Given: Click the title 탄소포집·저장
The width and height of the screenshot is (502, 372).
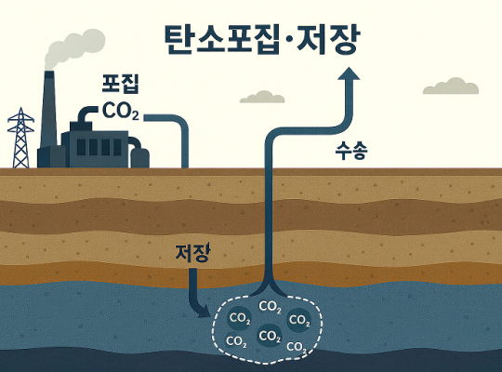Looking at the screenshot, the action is (262, 39).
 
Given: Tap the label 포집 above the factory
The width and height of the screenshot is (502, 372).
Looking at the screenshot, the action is (120, 84).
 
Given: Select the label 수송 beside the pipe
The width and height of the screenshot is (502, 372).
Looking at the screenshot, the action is (351, 151).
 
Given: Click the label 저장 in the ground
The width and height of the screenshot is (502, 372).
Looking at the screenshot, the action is (192, 253).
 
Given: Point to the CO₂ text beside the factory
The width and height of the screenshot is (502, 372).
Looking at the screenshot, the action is (121, 111).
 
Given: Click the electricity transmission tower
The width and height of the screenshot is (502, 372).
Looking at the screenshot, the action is (20, 138).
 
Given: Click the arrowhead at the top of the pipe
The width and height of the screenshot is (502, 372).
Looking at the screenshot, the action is (349, 73).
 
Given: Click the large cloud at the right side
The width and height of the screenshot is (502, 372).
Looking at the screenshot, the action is (451, 86).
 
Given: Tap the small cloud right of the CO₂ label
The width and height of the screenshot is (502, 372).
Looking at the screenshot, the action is (262, 97).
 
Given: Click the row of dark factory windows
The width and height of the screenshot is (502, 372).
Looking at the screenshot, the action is (99, 147).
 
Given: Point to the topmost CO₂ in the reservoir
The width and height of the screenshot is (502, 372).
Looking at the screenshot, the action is (271, 307).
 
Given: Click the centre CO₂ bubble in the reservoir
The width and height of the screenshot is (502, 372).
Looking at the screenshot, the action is (270, 336).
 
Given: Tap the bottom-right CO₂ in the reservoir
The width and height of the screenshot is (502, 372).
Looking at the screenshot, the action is (297, 347).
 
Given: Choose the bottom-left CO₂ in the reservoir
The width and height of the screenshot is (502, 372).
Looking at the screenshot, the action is (237, 341).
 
